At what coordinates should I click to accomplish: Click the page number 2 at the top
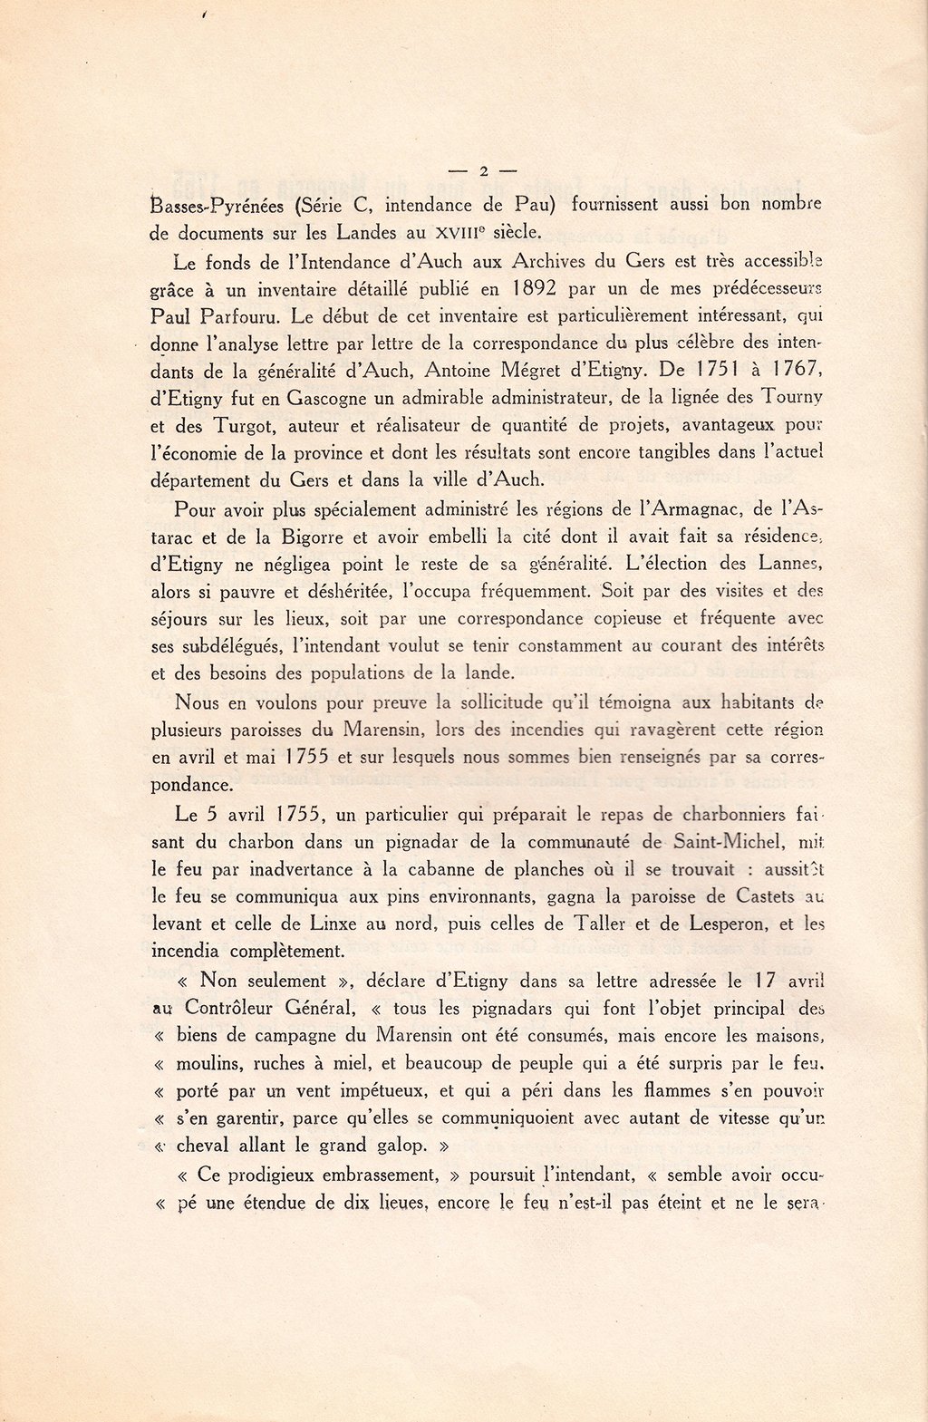point(483,170)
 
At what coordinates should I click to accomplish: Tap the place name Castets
point(759,897)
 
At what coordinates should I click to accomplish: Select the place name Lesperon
point(724,925)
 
